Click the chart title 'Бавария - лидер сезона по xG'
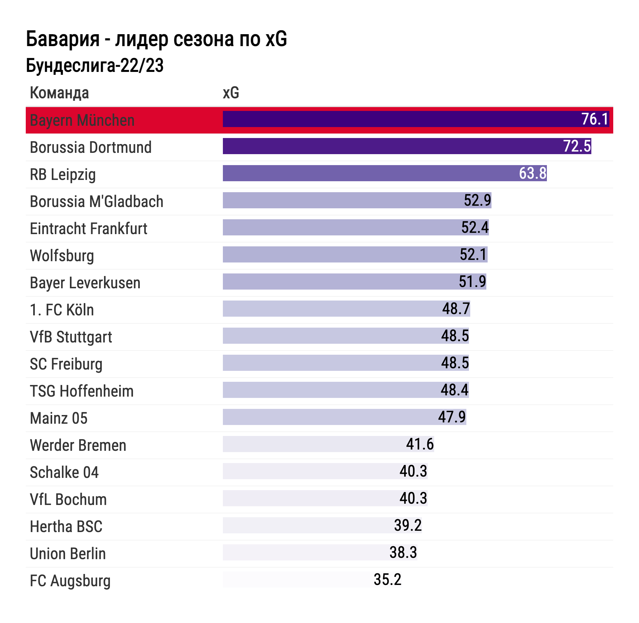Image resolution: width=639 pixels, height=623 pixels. (x=156, y=39)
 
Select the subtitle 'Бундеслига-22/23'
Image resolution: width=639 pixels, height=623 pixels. (x=94, y=65)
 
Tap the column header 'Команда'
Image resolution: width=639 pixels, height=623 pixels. (x=59, y=93)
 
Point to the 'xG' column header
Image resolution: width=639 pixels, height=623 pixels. (x=231, y=93)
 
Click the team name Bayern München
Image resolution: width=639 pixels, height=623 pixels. (x=82, y=120)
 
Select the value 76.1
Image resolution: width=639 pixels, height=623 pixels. (x=595, y=119)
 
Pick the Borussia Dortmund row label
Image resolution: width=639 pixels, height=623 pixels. (x=91, y=147)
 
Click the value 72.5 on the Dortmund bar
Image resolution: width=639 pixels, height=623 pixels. (x=577, y=146)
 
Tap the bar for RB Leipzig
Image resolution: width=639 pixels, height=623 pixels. (x=369, y=173)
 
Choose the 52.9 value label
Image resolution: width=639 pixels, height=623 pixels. (x=477, y=200)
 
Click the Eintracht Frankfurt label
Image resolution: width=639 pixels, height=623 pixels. (x=88, y=228)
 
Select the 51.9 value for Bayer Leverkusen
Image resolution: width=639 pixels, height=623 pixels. (x=472, y=282)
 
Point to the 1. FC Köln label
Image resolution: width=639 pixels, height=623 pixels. (x=62, y=310)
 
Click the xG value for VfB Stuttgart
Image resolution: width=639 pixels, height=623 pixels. (x=455, y=336)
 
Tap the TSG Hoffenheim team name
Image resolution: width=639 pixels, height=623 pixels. (x=82, y=391)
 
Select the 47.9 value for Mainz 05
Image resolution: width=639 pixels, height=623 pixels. (x=452, y=417)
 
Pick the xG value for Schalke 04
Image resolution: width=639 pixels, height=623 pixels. (x=413, y=471)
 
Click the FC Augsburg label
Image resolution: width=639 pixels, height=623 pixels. (x=70, y=581)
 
